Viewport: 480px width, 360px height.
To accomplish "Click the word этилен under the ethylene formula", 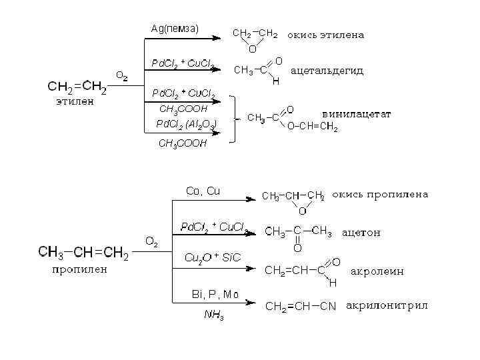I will pyautogui.click(x=74, y=102).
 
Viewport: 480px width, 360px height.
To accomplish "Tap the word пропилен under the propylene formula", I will pyautogui.click(x=79, y=270).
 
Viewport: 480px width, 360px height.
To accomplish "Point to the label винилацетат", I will pyautogui.click(x=356, y=114).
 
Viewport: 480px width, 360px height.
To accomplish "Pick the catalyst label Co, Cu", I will pyautogui.click(x=202, y=191).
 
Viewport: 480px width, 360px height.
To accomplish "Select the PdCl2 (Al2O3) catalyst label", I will pyautogui.click(x=186, y=123).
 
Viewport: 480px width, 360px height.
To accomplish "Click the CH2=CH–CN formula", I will pyautogui.click(x=300, y=307).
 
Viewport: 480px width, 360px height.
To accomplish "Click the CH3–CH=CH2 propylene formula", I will pyautogui.click(x=83, y=252).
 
